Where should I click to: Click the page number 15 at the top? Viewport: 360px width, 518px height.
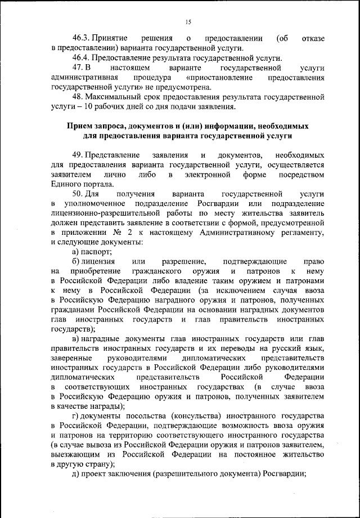(188, 22)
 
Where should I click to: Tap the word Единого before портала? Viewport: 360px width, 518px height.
(66, 183)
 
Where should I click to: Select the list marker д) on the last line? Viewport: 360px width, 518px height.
(76, 475)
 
